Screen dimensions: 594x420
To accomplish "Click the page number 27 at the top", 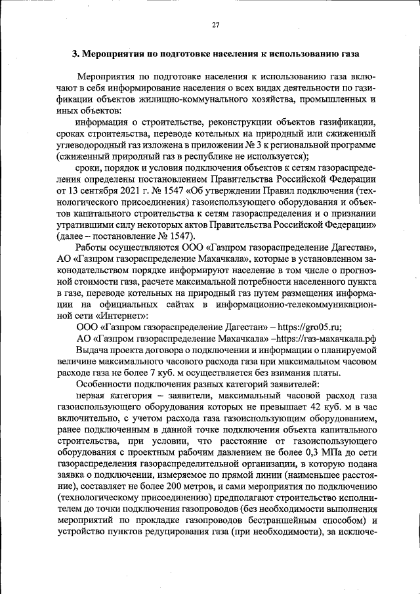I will [215, 25].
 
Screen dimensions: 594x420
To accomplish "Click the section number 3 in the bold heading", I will [75, 54].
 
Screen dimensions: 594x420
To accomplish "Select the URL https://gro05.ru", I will [311, 326].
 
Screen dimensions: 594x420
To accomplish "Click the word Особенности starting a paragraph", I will [106, 385].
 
